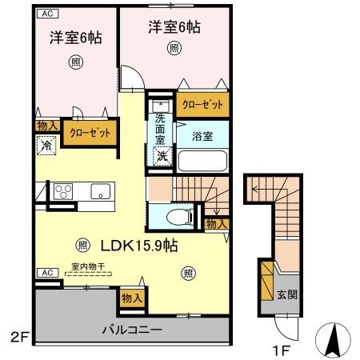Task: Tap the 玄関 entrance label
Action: click(288, 294)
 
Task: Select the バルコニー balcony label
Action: click(131, 329)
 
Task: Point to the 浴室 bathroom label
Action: click(202, 137)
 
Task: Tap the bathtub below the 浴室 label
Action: click(202, 158)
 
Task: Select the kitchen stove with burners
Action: click(63, 192)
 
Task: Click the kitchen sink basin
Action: click(100, 191)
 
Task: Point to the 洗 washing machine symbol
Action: click(161, 157)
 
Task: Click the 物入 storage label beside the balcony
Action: click(131, 298)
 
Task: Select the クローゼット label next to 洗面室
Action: click(201, 104)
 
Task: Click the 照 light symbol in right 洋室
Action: click(174, 47)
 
